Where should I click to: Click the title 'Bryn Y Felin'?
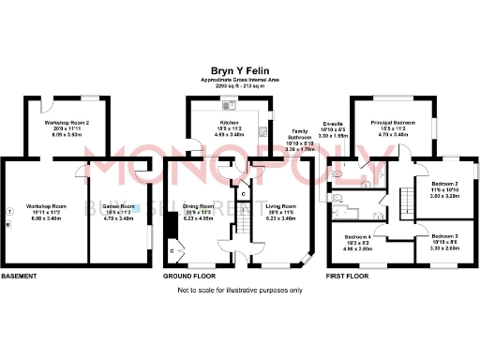tap(239, 69)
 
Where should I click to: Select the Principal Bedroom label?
tap(393, 123)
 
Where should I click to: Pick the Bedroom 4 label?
tap(359, 236)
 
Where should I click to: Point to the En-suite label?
tap(334, 124)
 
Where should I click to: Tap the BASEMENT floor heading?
tap(19, 277)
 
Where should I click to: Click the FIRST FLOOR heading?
tap(345, 277)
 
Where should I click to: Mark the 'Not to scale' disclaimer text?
tap(239, 291)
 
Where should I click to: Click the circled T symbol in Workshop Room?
tap(8, 211)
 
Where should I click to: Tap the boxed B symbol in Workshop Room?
tap(8, 224)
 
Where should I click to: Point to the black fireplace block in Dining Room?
tap(170, 228)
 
